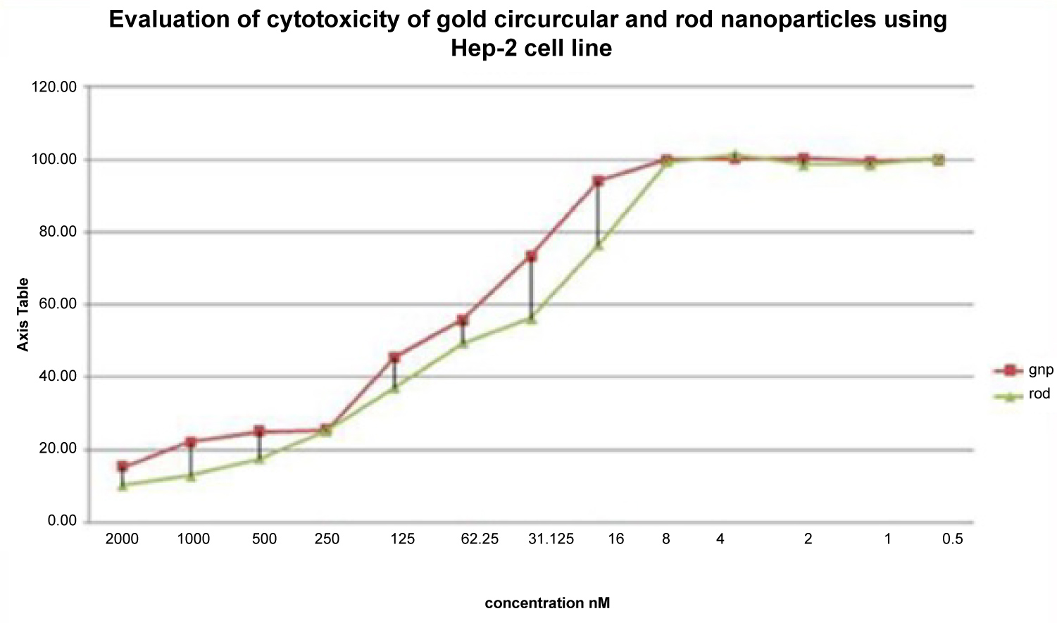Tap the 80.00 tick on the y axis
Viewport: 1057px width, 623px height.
click(x=57, y=232)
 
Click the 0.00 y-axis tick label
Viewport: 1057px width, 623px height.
click(x=61, y=522)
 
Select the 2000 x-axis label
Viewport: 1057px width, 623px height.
click(x=122, y=540)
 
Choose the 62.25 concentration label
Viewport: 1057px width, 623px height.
click(x=480, y=540)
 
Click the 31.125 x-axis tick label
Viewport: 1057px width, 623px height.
click(x=551, y=540)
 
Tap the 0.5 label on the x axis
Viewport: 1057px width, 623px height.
click(x=952, y=540)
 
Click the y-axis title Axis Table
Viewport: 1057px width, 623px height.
click(x=23, y=315)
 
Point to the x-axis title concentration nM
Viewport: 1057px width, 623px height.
click(x=547, y=603)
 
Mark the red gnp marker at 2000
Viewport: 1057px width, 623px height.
click(x=123, y=467)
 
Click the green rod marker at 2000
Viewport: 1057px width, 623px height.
click(x=123, y=485)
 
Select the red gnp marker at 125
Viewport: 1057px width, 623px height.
click(x=394, y=358)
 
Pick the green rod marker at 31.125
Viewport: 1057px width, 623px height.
click(x=532, y=319)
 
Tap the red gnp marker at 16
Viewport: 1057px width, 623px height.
click(x=599, y=182)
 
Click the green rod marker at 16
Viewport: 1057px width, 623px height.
click(x=599, y=245)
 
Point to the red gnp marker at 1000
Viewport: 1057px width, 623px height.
click(x=191, y=442)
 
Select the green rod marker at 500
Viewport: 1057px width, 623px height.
click(x=259, y=459)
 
